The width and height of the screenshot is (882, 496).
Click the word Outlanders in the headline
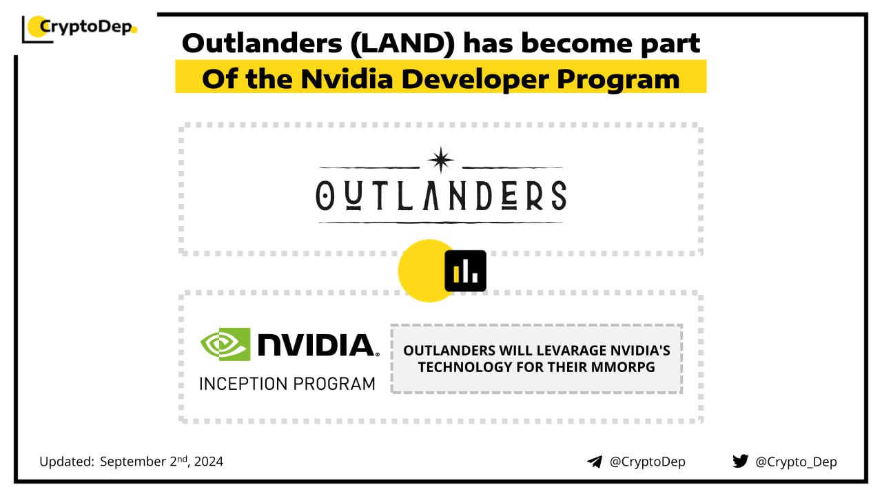coord(262,43)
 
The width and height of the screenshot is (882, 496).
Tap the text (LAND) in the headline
coord(402,43)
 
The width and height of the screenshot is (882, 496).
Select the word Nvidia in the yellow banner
coord(347,79)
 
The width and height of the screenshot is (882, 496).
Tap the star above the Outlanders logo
coord(440,160)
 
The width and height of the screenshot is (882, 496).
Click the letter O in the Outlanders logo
coord(325,196)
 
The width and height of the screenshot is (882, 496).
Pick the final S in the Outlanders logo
coord(559,196)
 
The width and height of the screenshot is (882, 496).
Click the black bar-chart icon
coord(465,271)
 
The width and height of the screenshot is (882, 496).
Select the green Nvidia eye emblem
coord(225,344)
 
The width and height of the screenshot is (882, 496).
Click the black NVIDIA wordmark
coord(318,345)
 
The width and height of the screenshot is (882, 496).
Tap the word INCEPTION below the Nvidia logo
coord(243,384)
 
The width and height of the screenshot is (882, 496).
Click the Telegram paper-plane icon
coord(595,462)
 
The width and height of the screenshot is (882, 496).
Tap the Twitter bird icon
coord(740,461)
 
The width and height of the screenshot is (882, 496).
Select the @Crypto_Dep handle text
coord(796,462)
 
